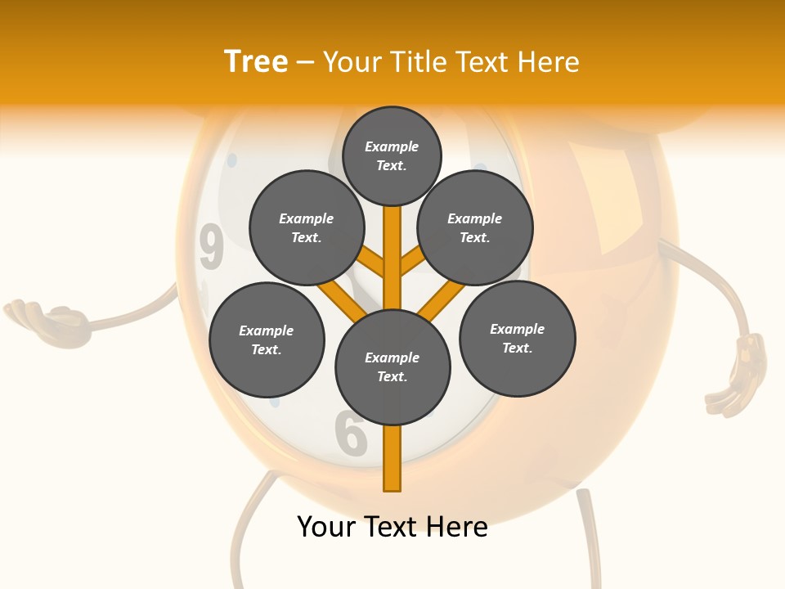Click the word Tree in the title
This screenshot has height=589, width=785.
(x=256, y=62)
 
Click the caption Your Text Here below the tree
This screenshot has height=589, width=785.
(x=392, y=527)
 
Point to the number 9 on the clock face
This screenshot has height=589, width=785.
(x=212, y=247)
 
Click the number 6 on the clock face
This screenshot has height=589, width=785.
(x=351, y=433)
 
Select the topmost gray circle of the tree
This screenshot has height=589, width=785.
(x=392, y=155)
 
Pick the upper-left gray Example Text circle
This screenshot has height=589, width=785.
(x=307, y=227)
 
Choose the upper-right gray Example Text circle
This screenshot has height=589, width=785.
(x=475, y=227)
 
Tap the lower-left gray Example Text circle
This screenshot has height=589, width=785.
(x=267, y=339)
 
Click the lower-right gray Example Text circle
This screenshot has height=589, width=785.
(x=518, y=338)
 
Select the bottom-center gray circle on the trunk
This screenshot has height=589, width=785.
(x=392, y=366)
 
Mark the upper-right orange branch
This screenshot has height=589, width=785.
(x=412, y=261)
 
